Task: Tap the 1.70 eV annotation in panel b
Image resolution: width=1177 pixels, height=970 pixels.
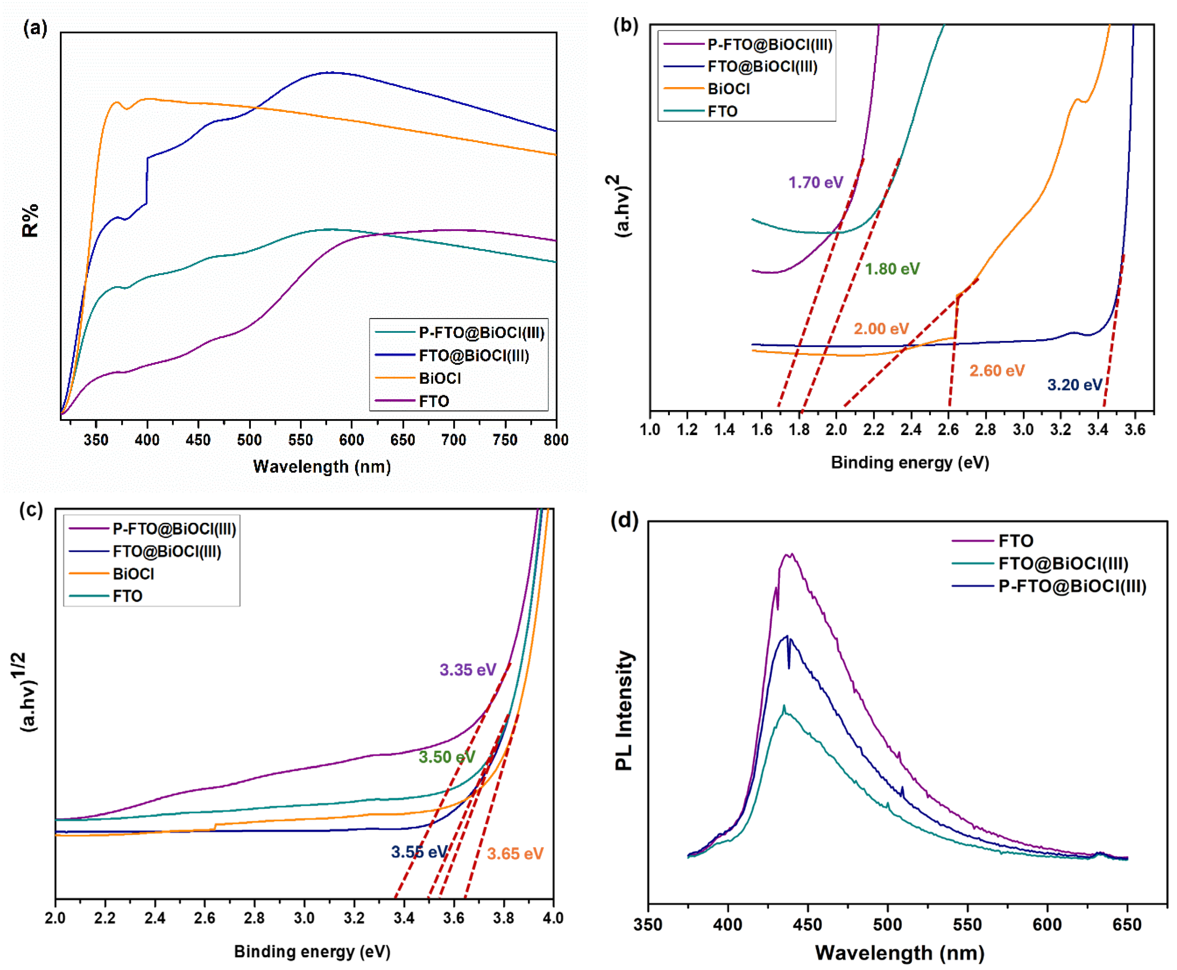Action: click(815, 182)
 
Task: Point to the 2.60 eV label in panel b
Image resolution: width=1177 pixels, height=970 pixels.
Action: click(997, 371)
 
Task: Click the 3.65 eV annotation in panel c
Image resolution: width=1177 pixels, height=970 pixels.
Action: click(515, 854)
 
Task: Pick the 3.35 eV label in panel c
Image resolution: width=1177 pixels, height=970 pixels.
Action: click(468, 670)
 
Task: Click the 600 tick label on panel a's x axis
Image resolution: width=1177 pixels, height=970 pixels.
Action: click(351, 440)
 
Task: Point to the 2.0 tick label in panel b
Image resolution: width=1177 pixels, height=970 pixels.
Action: click(836, 429)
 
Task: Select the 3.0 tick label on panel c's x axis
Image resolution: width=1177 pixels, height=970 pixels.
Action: click(304, 918)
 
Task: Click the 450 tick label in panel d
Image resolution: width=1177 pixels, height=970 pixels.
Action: click(807, 925)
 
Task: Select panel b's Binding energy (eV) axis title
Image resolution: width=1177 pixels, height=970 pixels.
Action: click(910, 463)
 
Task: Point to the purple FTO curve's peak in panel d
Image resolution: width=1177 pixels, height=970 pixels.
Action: click(788, 554)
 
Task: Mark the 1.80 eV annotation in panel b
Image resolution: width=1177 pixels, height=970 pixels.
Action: click(892, 269)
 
